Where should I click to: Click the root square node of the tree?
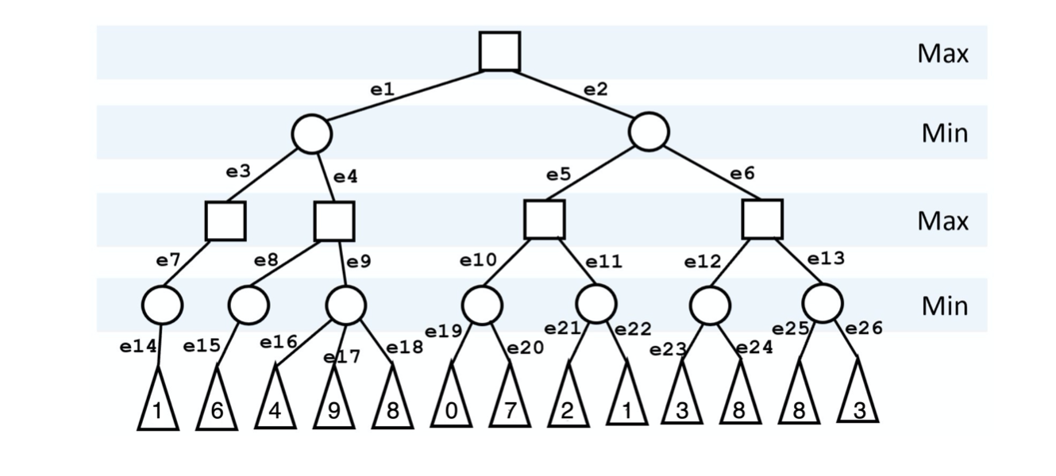click(499, 52)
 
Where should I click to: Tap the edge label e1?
click(383, 90)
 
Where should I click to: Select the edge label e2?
click(595, 90)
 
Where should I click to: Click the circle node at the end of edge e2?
click(649, 132)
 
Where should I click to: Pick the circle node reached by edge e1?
click(311, 134)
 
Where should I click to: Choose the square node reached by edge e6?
click(762, 219)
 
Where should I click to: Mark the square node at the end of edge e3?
click(225, 221)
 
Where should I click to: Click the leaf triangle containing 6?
click(217, 405)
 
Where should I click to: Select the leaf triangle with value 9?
click(333, 405)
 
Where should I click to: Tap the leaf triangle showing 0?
click(451, 405)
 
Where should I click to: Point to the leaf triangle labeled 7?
click(510, 405)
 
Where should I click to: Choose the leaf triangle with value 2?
click(568, 405)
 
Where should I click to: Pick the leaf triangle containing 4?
click(275, 405)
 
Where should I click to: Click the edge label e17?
click(342, 357)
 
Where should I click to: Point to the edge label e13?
click(826, 259)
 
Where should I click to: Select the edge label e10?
click(477, 259)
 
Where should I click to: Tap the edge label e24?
click(753, 347)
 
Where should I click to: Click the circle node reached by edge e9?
click(346, 305)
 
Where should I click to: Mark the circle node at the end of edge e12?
click(710, 305)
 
